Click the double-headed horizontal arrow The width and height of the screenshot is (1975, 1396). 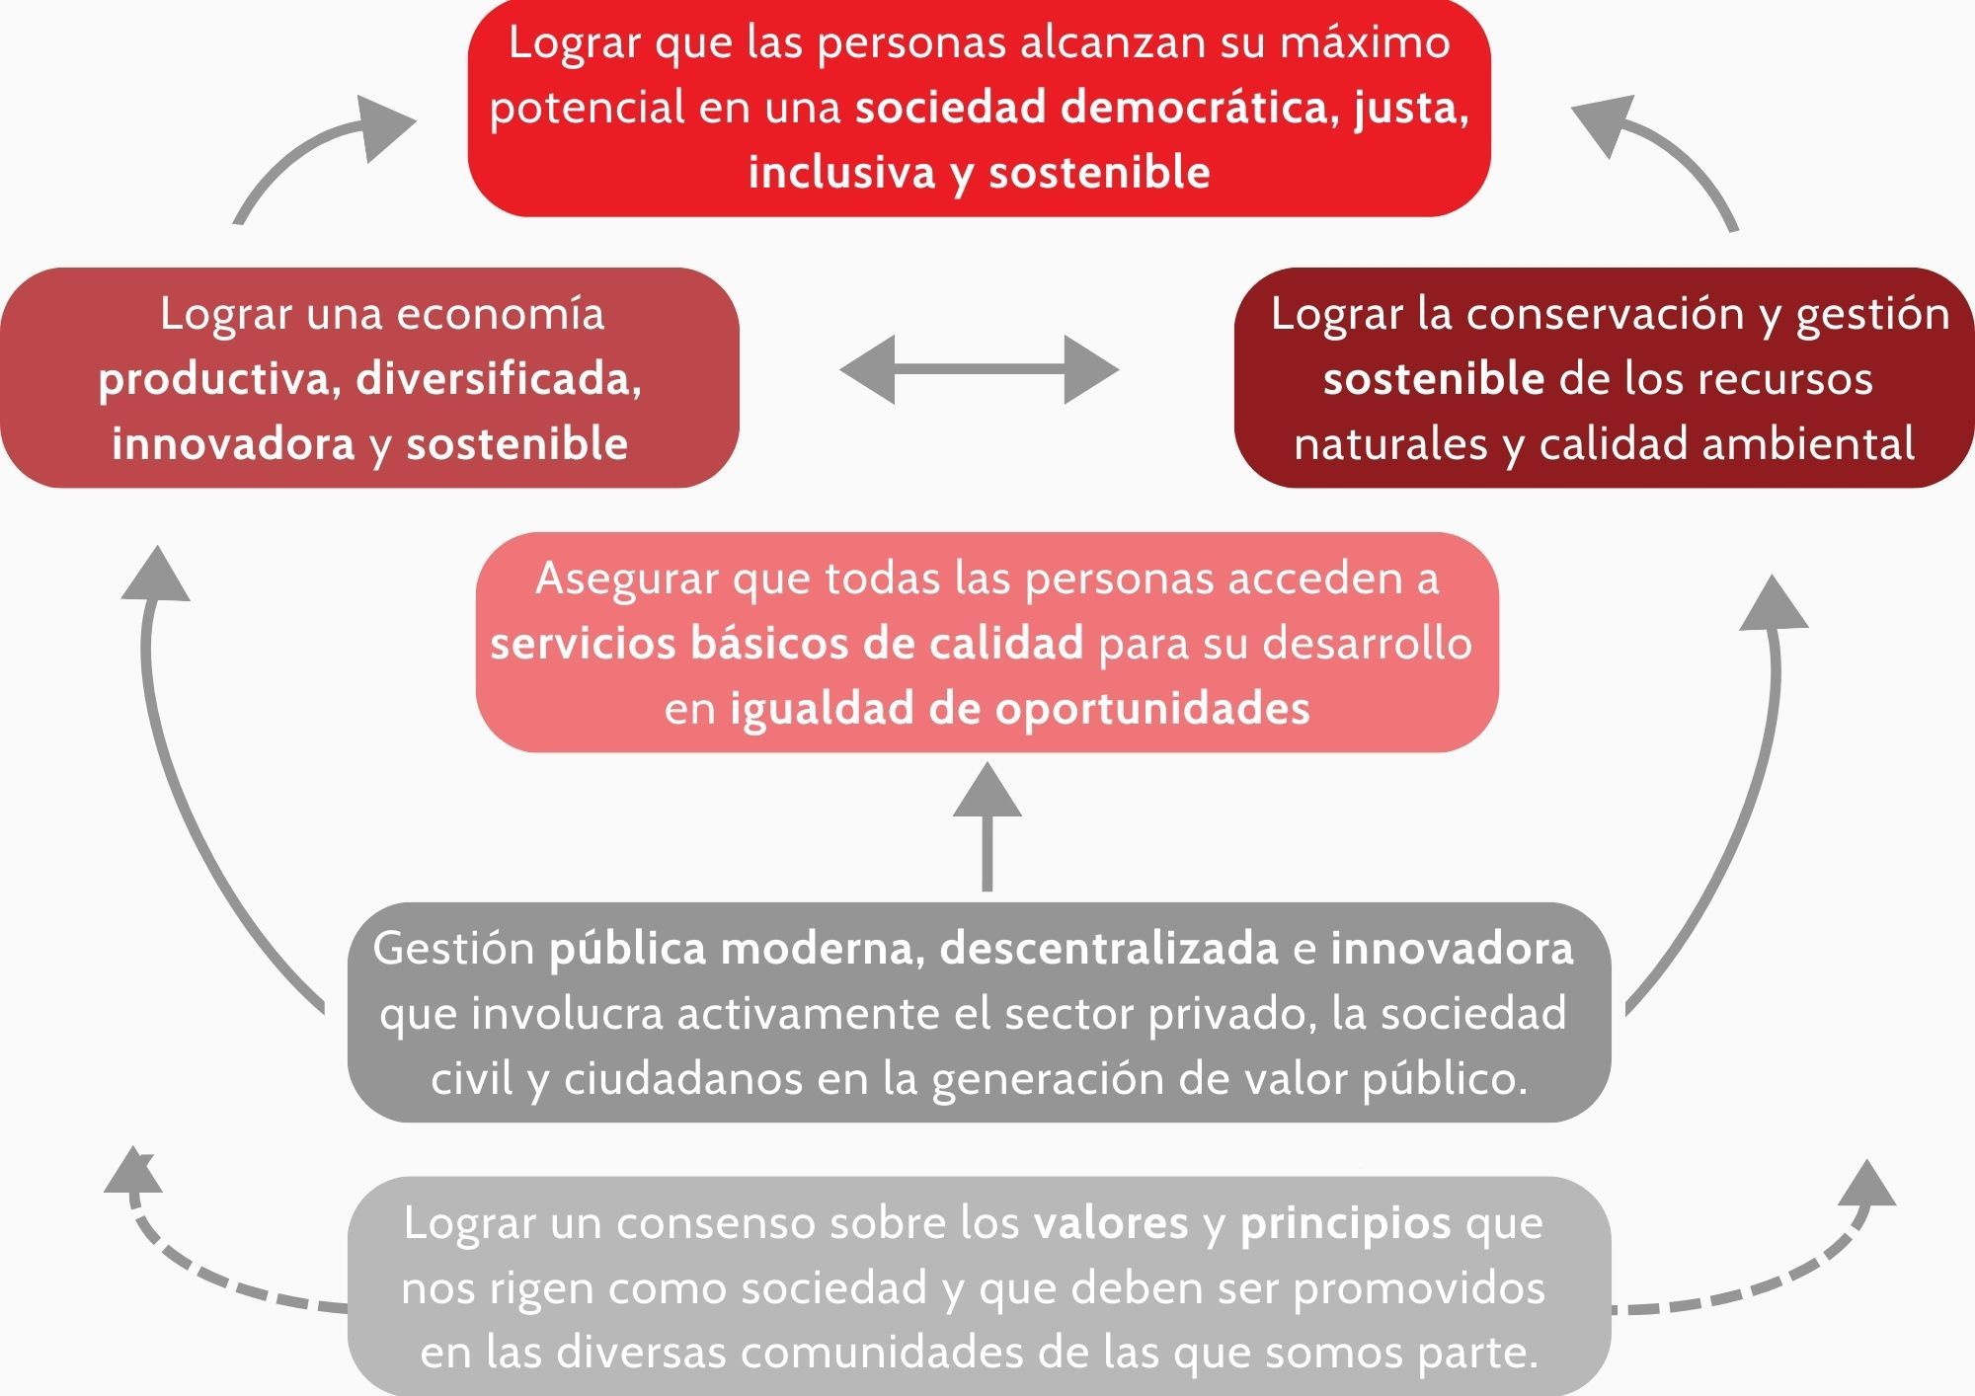979,369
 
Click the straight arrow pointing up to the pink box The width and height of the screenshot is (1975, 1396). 987,827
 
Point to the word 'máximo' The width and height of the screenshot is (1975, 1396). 1365,42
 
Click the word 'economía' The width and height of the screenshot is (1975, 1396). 500,314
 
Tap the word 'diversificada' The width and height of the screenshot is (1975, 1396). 498,379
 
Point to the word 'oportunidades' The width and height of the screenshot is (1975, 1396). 1152,710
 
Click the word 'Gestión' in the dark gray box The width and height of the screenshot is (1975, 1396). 453,949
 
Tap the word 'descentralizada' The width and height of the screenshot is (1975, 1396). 1109,949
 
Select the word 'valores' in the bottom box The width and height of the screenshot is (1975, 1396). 1111,1223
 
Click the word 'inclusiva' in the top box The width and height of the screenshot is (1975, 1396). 841,173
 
